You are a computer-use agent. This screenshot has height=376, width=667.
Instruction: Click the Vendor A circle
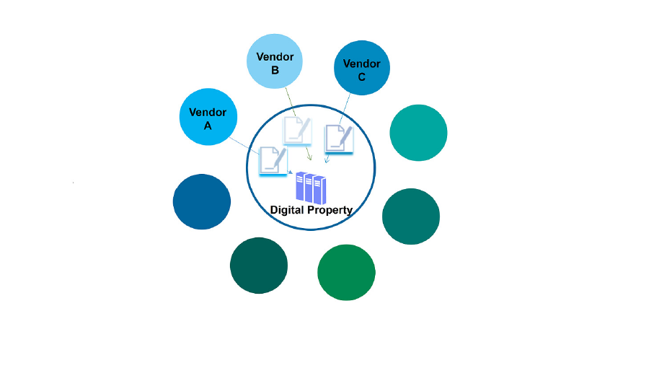[x=208, y=117]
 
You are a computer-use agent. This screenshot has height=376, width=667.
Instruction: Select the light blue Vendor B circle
[x=274, y=61]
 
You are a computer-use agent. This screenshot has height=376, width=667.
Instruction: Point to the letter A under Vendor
[x=208, y=125]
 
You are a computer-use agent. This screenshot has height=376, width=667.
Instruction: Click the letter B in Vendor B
[x=275, y=70]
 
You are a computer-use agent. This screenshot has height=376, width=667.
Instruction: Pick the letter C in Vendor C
[x=361, y=77]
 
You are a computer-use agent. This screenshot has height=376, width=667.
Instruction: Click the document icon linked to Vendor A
[x=272, y=159]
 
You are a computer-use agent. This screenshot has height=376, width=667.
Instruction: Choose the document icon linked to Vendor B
[x=297, y=131]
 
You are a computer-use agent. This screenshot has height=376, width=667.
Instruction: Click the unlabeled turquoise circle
[x=418, y=133]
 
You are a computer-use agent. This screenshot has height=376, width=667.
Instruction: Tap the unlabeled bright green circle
[x=346, y=272]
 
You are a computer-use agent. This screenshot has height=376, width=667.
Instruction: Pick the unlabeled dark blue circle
[x=202, y=202]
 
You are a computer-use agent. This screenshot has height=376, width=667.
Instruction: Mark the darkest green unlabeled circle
[x=258, y=265]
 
